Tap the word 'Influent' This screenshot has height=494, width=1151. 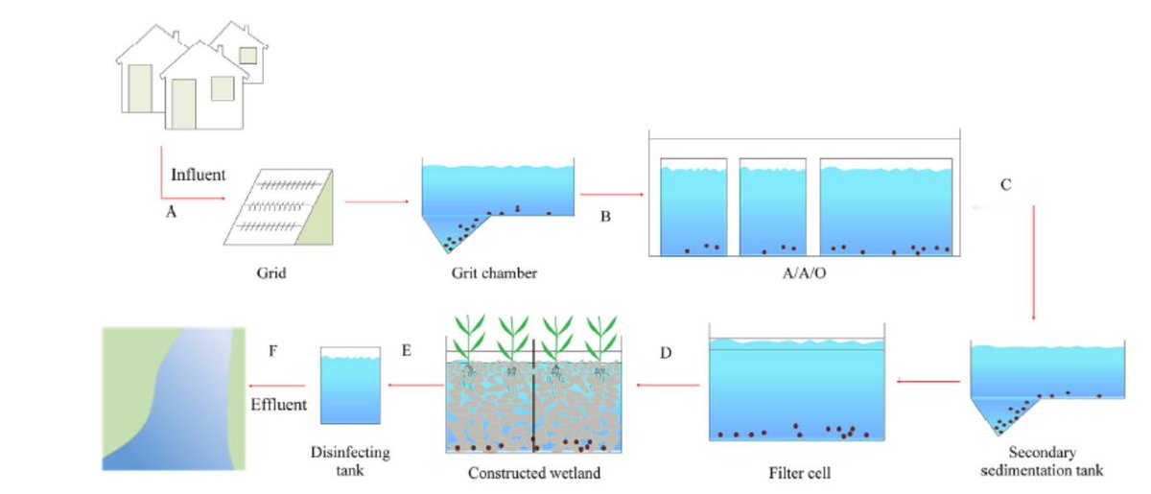198,176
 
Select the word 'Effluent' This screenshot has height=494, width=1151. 278,404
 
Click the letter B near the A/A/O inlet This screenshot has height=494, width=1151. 605,218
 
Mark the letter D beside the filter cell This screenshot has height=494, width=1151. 666,353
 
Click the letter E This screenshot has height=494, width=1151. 406,352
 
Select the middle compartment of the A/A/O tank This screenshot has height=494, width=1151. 773,207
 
